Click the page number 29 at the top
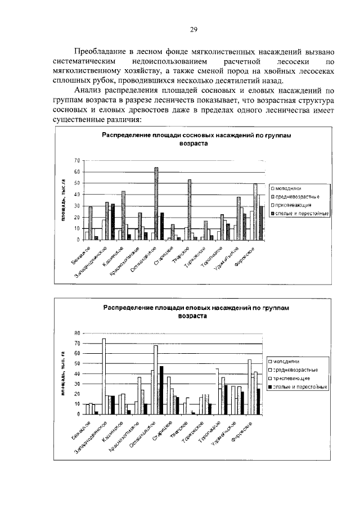[192, 30]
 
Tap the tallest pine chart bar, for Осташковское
[156, 202]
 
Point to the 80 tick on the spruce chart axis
[78, 334]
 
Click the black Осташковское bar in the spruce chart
[161, 389]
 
